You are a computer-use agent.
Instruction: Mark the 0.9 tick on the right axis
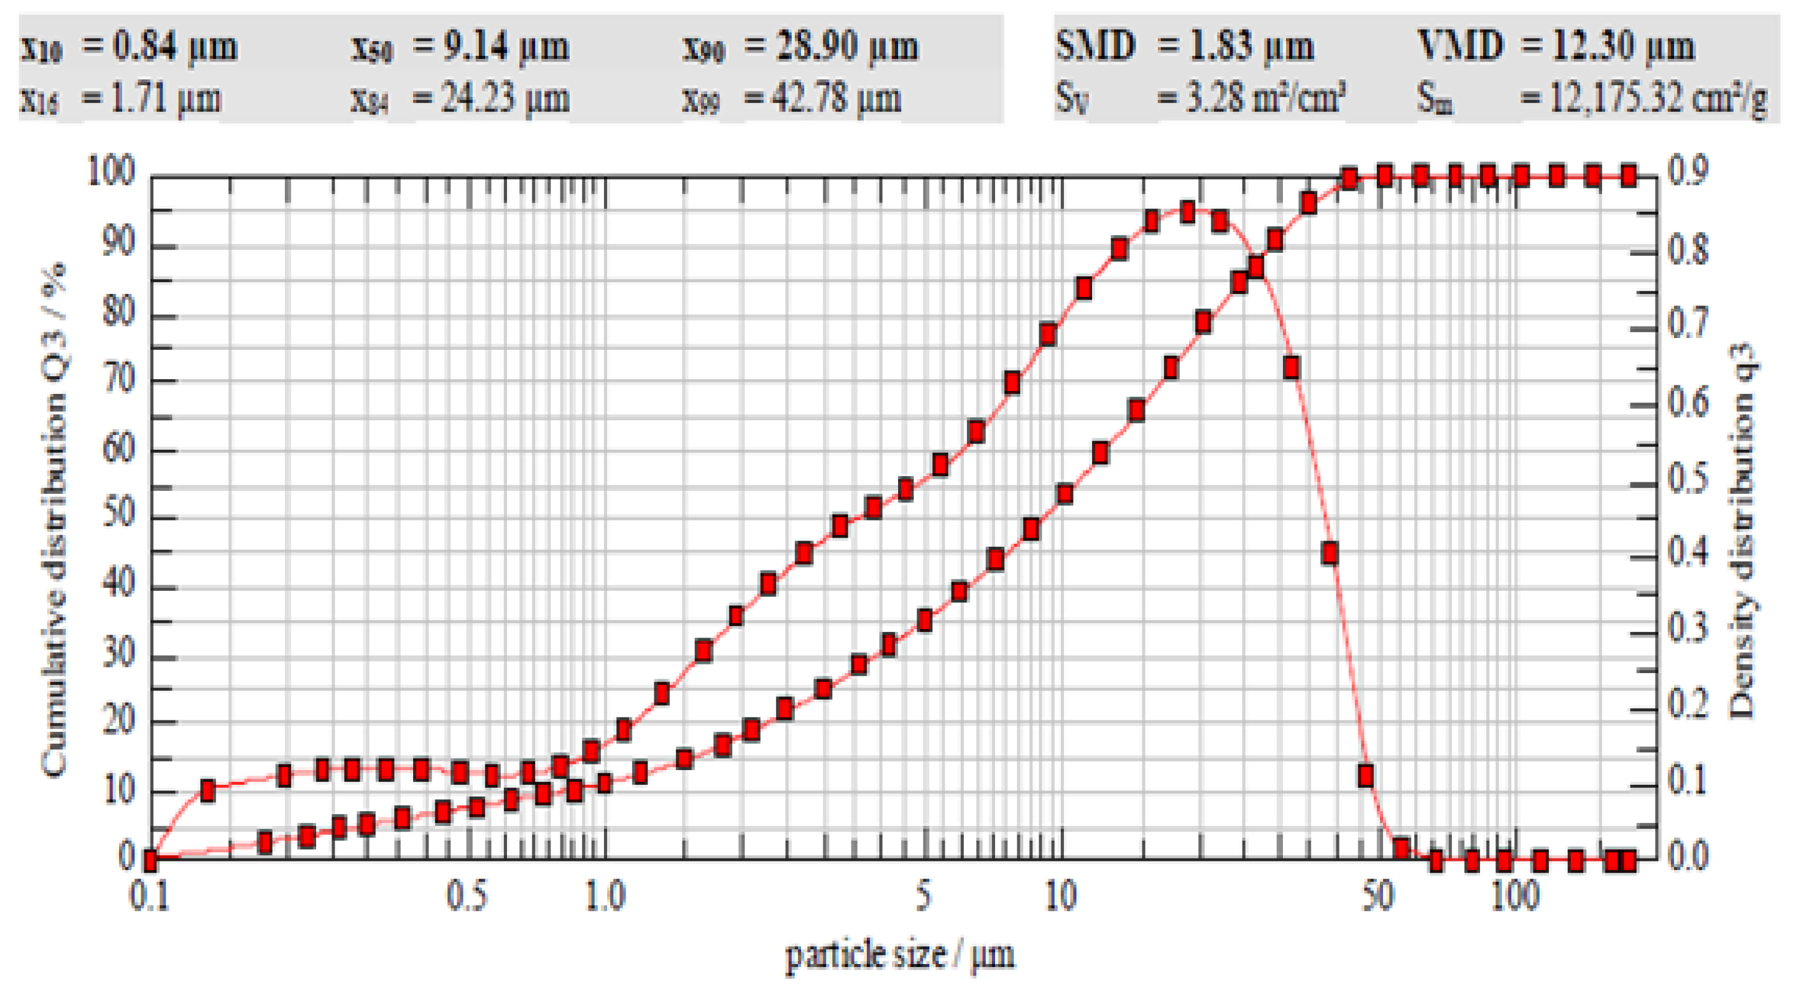point(1689,172)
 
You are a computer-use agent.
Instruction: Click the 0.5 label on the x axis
point(467,896)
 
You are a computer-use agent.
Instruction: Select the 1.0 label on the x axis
point(605,896)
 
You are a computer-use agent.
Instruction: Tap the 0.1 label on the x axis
point(149,896)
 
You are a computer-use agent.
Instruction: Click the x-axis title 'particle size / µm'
point(901,955)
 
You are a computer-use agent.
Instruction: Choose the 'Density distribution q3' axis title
point(1742,530)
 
